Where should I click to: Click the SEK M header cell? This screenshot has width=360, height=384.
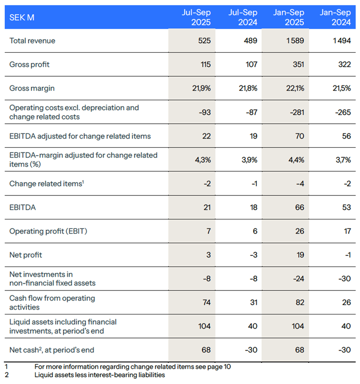(22, 18)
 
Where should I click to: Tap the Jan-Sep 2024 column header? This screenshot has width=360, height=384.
(336, 17)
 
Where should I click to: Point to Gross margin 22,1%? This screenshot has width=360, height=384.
(295, 88)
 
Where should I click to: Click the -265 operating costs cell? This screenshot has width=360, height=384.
(343, 112)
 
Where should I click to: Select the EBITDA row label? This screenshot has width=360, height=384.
(23, 207)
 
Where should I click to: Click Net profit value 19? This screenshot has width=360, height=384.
(300, 255)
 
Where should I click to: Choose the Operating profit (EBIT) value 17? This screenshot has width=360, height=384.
(346, 231)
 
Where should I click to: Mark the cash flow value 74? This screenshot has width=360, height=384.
(205, 302)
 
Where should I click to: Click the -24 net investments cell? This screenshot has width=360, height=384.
(297, 278)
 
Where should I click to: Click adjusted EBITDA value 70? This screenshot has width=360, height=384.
(299, 136)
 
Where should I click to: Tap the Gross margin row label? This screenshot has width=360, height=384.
(32, 88)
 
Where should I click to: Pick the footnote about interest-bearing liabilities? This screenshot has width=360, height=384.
(99, 375)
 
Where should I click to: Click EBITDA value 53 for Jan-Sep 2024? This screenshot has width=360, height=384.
(346, 207)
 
